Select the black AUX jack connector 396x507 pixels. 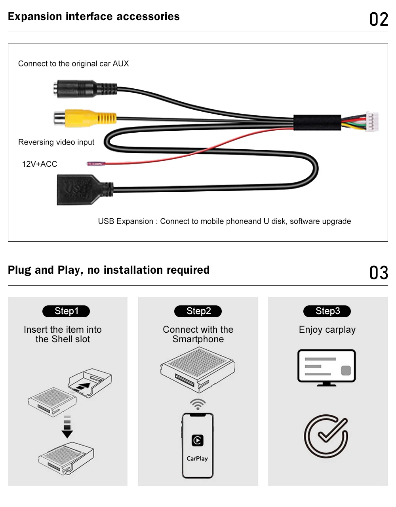(x=85, y=89)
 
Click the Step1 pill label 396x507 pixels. (x=66, y=311)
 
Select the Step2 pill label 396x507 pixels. (x=198, y=311)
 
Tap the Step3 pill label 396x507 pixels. (x=327, y=311)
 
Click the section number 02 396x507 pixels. (x=379, y=19)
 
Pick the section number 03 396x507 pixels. (x=379, y=273)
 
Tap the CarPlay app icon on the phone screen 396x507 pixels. (x=197, y=440)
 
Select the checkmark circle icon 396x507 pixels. (x=326, y=436)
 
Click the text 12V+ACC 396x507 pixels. (x=40, y=164)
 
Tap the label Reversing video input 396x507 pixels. (x=56, y=142)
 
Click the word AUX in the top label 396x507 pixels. (x=121, y=64)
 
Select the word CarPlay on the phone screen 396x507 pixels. (x=197, y=458)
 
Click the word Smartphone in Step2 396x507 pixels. (x=198, y=339)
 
